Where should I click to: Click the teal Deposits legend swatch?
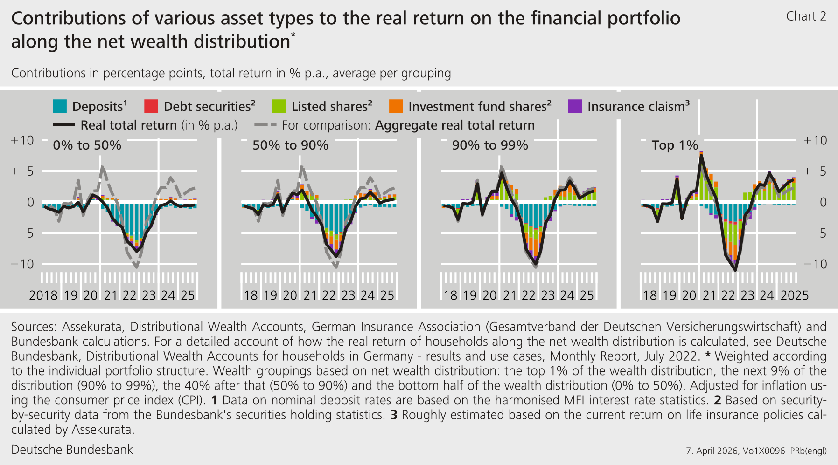pos(60,107)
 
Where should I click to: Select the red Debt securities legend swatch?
pos(151,107)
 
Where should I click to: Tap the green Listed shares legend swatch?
pos(279,107)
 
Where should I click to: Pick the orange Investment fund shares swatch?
pos(396,107)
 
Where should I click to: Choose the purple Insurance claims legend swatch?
pos(575,107)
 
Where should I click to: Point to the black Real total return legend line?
pos(64,125)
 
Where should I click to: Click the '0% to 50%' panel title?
pos(87,145)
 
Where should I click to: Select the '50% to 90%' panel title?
pos(290,145)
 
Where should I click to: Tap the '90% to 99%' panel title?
pos(490,145)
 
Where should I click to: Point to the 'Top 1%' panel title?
pos(674,145)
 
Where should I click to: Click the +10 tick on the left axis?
pos(22,141)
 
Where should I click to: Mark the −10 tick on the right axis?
pos(815,264)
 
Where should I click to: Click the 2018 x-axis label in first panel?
pos(43,295)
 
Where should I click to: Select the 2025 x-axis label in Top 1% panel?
pos(795,295)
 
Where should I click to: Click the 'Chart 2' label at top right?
pos(806,16)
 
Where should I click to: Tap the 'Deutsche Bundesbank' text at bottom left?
pos(72,450)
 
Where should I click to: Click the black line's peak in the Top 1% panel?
pos(701,156)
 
